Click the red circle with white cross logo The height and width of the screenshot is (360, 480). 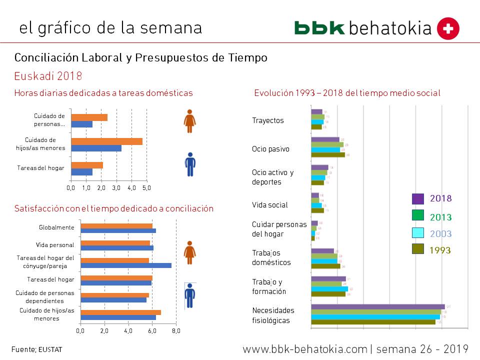point(448,28)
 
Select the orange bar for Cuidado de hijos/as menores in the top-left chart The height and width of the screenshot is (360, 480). point(106,141)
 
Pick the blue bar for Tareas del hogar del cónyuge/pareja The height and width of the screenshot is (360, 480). point(125,265)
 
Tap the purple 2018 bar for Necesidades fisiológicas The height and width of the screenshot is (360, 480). point(377,306)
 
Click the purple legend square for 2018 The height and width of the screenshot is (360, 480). point(418,198)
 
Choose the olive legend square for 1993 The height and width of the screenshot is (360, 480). point(418,248)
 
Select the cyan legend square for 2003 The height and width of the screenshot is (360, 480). point(418,232)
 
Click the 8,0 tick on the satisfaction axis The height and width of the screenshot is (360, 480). point(176,330)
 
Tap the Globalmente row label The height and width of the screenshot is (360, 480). point(56,227)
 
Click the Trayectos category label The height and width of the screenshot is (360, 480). point(267,120)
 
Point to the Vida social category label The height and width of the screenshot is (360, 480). point(269,205)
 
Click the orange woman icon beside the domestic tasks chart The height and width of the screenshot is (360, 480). point(189,121)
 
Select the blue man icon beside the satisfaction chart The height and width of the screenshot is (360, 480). point(189,295)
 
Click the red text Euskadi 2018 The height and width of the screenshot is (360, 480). point(48,76)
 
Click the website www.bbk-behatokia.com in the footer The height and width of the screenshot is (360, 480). point(305,348)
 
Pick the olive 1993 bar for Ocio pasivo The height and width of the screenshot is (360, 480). point(327,155)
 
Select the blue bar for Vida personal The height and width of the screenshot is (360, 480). point(116,248)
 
